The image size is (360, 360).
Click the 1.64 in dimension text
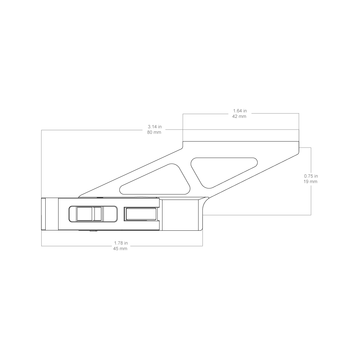click(240, 111)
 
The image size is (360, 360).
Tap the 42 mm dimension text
click(239, 116)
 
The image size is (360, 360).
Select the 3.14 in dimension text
click(155, 127)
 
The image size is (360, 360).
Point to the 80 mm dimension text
click(154, 132)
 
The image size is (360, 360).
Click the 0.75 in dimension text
click(311, 176)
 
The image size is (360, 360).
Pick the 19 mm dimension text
click(310, 181)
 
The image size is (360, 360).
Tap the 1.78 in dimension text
click(121, 243)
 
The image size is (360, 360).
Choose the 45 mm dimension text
click(120, 249)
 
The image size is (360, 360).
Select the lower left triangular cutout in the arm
click(155, 179)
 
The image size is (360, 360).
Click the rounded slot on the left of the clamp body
click(93, 214)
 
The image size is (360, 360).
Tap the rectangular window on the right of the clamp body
click(140, 214)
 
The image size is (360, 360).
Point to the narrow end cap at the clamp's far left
click(43, 214)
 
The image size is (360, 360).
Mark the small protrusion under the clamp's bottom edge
click(93, 231)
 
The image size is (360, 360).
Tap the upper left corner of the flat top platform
click(183, 141)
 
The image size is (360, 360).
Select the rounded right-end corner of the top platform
click(298, 154)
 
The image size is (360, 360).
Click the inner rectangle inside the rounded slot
click(89, 214)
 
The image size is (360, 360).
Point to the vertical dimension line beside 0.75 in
click(311, 181)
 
